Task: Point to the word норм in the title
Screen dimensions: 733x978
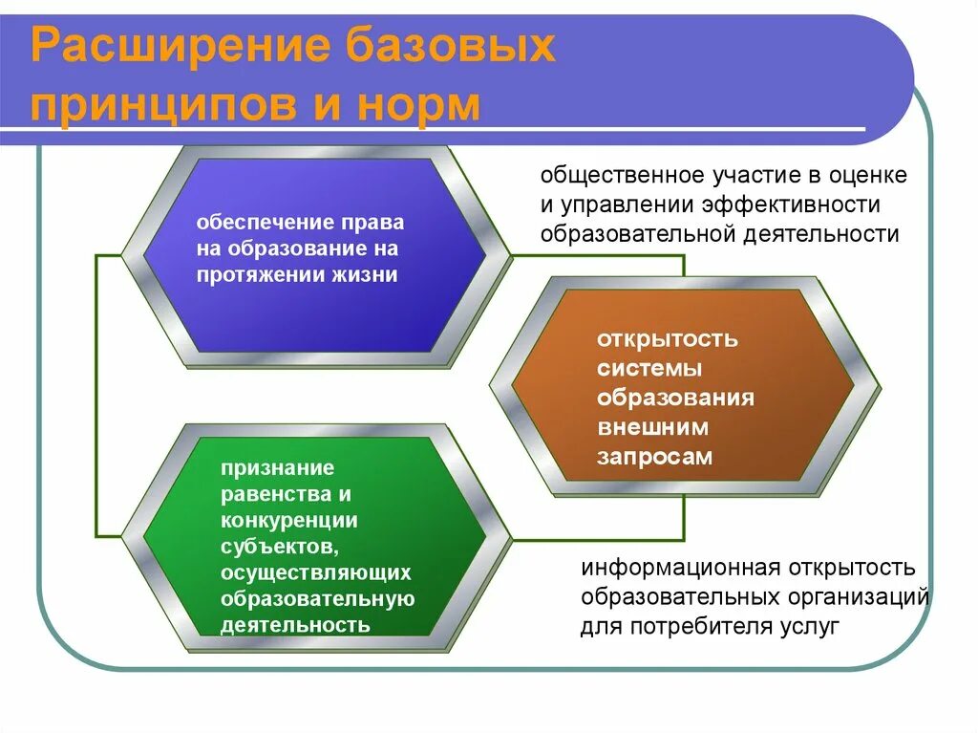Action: tap(422, 106)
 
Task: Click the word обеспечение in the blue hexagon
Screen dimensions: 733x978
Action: tap(255, 223)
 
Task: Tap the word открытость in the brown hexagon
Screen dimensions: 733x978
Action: tap(668, 339)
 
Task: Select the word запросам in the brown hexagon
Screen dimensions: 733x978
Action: tap(655, 456)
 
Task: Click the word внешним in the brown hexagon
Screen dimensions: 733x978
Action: tap(653, 427)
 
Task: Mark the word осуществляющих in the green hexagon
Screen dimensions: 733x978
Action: tap(316, 572)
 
